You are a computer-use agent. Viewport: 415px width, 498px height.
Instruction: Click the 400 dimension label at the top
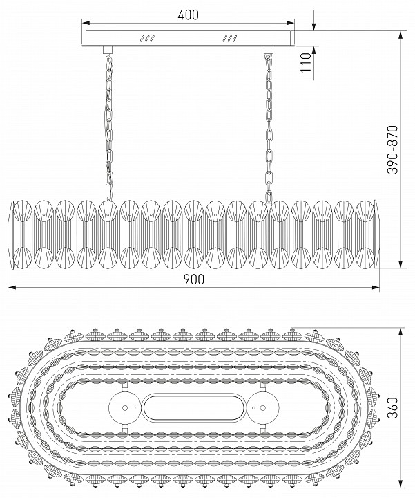click(188, 15)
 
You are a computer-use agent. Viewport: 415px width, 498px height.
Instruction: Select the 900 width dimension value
click(194, 279)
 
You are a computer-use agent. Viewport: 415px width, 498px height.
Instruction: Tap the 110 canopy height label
click(306, 62)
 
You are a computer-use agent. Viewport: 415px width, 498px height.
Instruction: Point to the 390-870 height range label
click(392, 149)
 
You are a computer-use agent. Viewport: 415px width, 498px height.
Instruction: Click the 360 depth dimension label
click(392, 407)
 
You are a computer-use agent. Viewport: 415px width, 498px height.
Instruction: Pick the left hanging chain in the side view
click(109, 127)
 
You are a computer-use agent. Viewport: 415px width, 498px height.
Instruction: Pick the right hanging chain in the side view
click(269, 128)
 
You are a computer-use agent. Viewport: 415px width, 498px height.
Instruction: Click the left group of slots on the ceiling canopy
click(147, 39)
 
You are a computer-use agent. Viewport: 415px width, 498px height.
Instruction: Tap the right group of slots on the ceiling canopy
click(229, 39)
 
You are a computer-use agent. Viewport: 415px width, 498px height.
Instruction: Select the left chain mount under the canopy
click(108, 50)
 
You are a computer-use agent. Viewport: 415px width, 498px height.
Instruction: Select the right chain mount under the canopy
click(268, 50)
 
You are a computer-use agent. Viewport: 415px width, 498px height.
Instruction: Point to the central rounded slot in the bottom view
click(194, 408)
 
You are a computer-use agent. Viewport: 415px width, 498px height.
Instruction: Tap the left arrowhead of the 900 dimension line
click(12, 288)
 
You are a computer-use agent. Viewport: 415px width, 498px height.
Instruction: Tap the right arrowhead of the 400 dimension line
click(291, 23)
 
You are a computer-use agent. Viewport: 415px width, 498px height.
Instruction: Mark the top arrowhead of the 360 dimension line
click(400, 332)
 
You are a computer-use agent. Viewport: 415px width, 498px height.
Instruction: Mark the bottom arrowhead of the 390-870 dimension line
click(400, 264)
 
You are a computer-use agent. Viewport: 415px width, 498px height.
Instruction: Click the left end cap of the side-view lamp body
click(12, 234)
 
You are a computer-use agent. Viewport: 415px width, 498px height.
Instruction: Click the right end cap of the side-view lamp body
click(376, 234)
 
